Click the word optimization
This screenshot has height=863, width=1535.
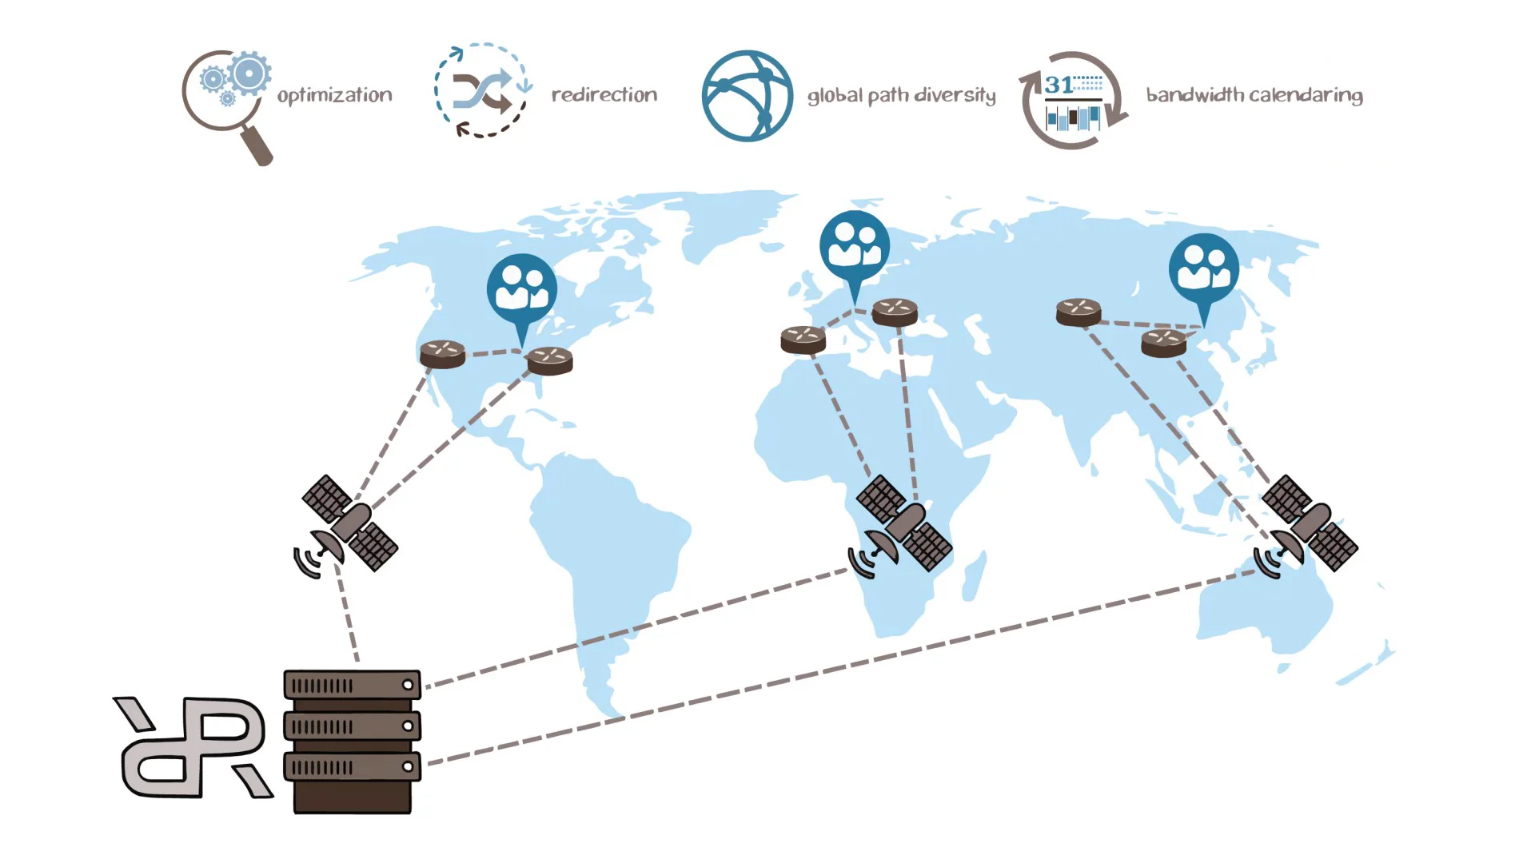click(334, 95)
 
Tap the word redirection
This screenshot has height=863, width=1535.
click(604, 94)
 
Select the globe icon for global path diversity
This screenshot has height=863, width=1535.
click(747, 96)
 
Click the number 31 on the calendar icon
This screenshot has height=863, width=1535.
click(1059, 85)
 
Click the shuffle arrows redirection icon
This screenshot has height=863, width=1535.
click(482, 91)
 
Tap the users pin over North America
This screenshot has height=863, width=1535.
click(522, 290)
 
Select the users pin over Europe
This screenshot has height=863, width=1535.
click(855, 246)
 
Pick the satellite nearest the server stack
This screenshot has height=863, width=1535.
click(349, 525)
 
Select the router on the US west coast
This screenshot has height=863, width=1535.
click(442, 353)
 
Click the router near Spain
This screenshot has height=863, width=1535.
click(803, 340)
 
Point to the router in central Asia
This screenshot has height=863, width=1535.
click(1078, 312)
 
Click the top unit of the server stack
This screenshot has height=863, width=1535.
click(352, 685)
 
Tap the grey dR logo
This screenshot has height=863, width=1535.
click(192, 747)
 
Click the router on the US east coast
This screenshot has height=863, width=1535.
click(550, 360)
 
